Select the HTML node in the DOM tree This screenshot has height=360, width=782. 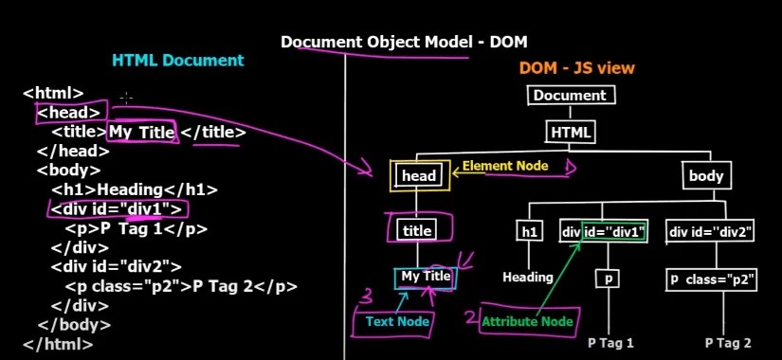click(571, 132)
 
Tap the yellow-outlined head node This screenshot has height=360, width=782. click(419, 175)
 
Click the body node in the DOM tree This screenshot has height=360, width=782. click(705, 175)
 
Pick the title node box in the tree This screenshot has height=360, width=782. click(417, 230)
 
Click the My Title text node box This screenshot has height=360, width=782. click(426, 277)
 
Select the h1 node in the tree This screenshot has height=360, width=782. click(529, 230)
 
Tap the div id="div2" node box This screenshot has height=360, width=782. click(711, 230)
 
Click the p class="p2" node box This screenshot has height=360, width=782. click(711, 279)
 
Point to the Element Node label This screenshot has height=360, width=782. click(504, 166)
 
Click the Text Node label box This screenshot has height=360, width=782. click(398, 322)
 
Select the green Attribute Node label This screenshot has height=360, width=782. click(528, 322)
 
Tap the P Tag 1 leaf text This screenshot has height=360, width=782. click(610, 343)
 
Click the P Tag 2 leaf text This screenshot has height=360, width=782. click(728, 343)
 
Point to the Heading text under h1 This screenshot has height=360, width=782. click(528, 278)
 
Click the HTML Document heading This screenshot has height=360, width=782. click(177, 61)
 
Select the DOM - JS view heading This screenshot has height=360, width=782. click(576, 68)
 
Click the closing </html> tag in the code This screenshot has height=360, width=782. click(58, 343)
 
